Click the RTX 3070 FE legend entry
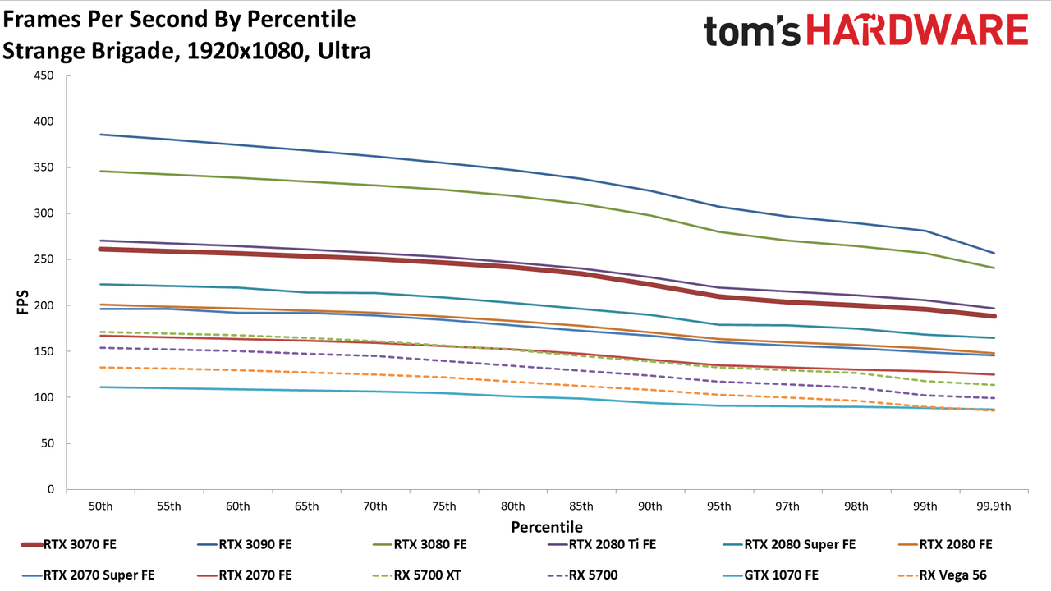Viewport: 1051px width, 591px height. (x=69, y=544)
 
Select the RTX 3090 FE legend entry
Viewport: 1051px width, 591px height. (x=245, y=544)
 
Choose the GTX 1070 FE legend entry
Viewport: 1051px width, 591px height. (x=771, y=575)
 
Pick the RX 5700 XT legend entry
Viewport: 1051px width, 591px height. (x=416, y=575)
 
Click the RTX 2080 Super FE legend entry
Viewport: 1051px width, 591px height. (x=790, y=544)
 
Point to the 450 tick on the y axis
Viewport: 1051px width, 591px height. (x=44, y=76)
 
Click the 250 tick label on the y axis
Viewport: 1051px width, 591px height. (x=44, y=259)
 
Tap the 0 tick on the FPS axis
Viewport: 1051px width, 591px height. (x=51, y=489)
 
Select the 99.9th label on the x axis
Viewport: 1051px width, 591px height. (x=994, y=506)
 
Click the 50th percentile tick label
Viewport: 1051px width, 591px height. (x=100, y=506)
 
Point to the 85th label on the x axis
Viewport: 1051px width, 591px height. (x=581, y=506)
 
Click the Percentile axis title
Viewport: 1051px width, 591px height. (x=547, y=527)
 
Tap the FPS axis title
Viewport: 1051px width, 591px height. (x=22, y=302)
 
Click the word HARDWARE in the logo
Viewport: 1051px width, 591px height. (x=917, y=30)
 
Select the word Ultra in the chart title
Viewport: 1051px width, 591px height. (x=344, y=51)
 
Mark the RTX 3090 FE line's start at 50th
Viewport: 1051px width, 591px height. (x=100, y=135)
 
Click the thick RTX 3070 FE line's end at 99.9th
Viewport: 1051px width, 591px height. (x=994, y=316)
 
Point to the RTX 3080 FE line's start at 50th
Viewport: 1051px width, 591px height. (x=100, y=172)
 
